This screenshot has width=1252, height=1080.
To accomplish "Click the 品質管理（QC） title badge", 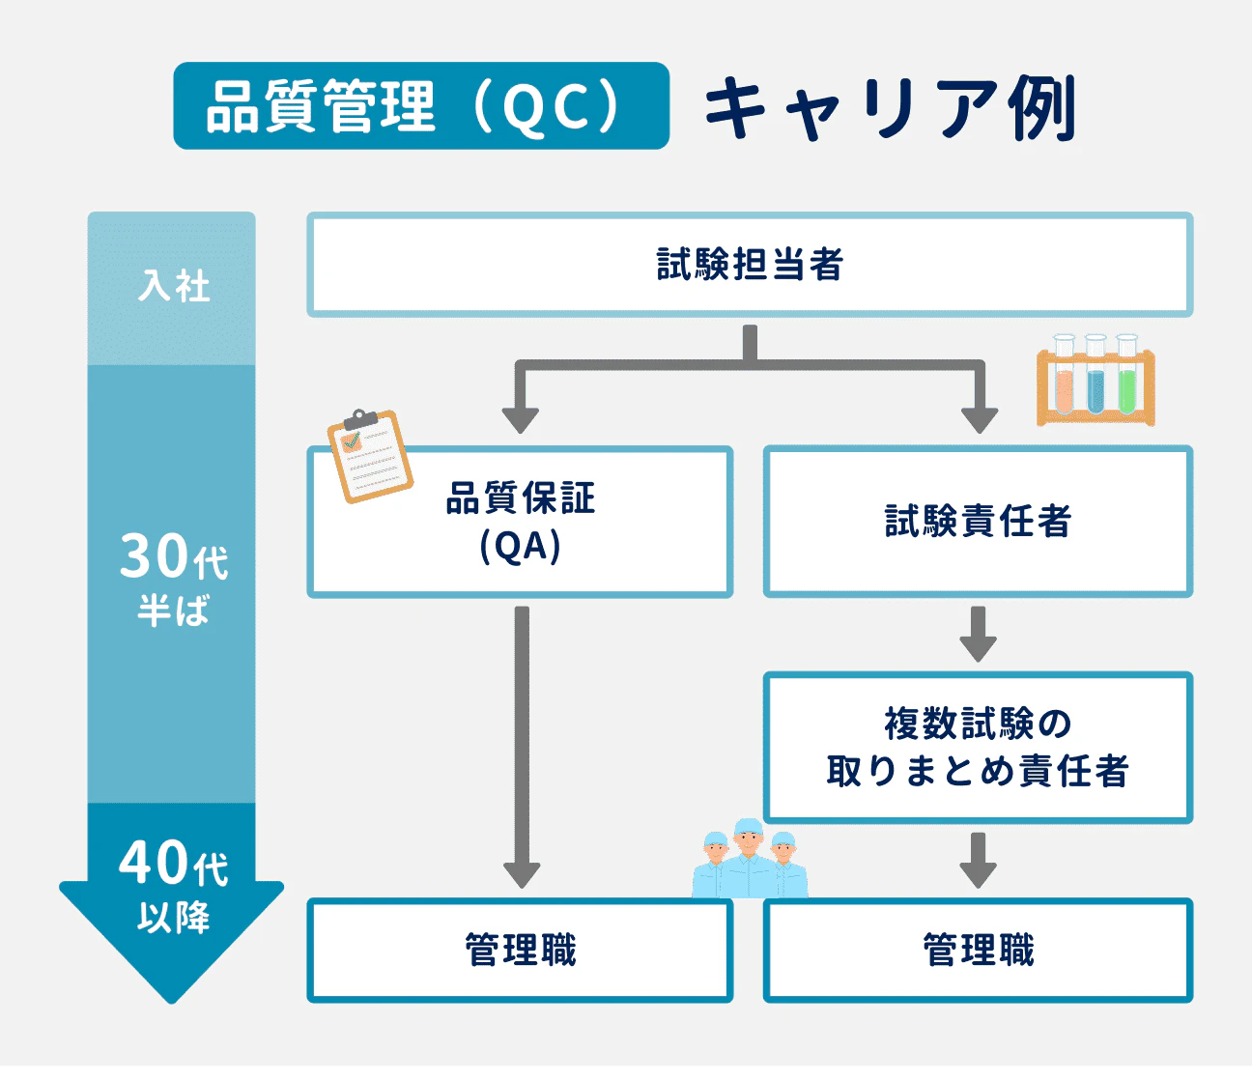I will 421,106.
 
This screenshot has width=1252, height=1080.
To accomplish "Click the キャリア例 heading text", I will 889,108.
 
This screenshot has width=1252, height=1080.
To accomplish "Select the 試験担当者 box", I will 750,265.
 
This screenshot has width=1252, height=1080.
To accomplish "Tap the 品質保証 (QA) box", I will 520,523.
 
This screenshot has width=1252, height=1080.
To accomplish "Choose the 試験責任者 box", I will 978,522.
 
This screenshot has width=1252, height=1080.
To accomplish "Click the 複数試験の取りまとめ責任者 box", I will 978,748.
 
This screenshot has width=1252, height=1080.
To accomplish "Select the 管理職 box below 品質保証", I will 520,951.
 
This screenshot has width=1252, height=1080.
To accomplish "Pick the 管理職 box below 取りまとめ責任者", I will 978,951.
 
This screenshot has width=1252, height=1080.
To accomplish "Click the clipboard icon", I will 369,456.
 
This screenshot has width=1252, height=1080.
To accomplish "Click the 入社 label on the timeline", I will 173,287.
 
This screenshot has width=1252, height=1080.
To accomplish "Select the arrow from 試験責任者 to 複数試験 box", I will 978,634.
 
